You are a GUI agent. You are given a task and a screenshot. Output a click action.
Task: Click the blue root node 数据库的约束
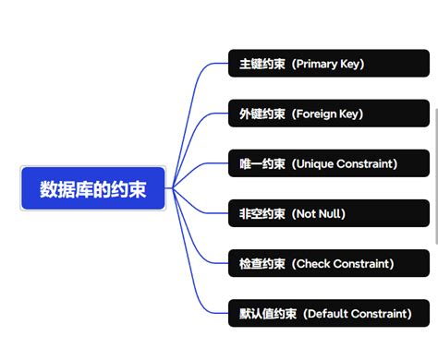coord(92,189)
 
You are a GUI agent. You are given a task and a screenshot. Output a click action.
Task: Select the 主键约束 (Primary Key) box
coord(328,65)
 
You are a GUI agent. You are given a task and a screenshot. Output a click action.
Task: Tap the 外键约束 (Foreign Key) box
coord(328,114)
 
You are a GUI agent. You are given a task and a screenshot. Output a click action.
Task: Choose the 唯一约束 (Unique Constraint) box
coord(328,164)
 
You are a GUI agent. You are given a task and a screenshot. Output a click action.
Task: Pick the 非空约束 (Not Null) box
coord(328,214)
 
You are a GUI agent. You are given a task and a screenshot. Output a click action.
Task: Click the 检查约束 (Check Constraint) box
coord(328,264)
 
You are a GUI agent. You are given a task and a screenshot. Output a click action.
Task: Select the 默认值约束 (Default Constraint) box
coord(328,314)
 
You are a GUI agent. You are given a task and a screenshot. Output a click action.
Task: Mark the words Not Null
coord(319,214)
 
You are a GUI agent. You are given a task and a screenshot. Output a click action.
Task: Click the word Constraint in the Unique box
coord(365,164)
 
